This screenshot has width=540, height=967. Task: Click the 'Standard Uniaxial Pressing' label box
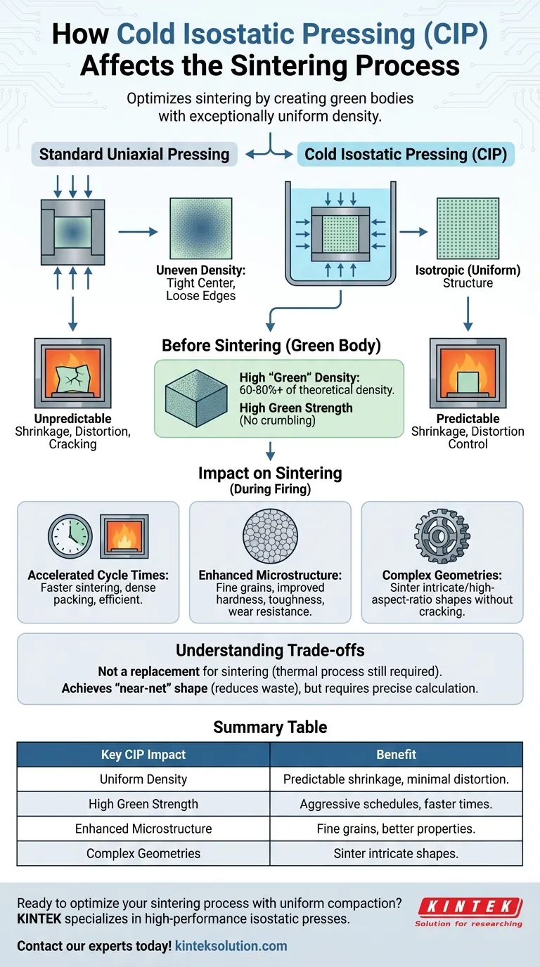[134, 155]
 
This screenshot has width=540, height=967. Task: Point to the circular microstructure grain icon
[270, 536]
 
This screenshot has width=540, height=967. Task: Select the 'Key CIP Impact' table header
[143, 754]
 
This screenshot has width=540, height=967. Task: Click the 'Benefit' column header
[396, 754]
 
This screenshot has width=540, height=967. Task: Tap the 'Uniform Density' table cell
[143, 779]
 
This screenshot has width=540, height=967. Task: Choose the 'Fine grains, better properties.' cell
[396, 829]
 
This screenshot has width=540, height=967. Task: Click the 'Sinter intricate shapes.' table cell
[396, 854]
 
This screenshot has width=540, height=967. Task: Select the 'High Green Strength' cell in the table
[143, 804]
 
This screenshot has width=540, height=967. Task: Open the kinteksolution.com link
[231, 946]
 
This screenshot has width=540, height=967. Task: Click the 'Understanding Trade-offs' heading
[270, 650]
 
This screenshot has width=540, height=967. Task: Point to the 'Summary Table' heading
[270, 727]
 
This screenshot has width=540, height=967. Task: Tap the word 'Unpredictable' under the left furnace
[73, 418]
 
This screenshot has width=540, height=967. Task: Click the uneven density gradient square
[200, 228]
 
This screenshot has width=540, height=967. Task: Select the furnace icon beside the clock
[124, 536]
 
